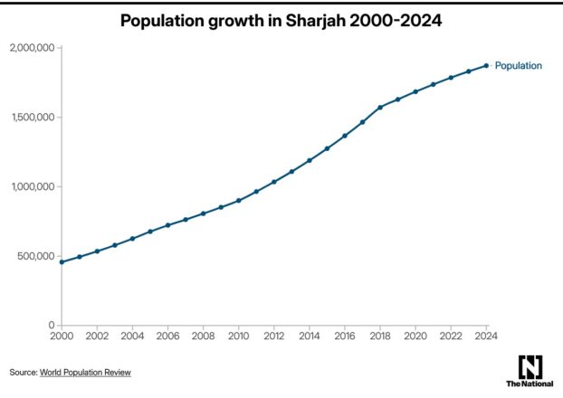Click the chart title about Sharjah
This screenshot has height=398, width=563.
281,19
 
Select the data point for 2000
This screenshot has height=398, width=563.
62,262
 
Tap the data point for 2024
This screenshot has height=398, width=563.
486,65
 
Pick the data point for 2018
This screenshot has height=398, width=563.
380,107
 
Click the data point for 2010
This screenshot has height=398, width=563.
239,200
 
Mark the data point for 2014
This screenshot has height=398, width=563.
310,160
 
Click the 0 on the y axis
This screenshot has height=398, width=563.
51,325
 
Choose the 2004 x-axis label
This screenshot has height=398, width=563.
133,336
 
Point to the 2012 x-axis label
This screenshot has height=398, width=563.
274,336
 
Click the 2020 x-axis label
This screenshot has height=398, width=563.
415,336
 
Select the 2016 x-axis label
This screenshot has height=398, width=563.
345,336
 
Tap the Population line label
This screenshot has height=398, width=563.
518,65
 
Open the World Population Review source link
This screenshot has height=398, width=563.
85,372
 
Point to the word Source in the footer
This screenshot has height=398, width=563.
23,372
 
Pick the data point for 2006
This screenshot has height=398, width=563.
168,225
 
